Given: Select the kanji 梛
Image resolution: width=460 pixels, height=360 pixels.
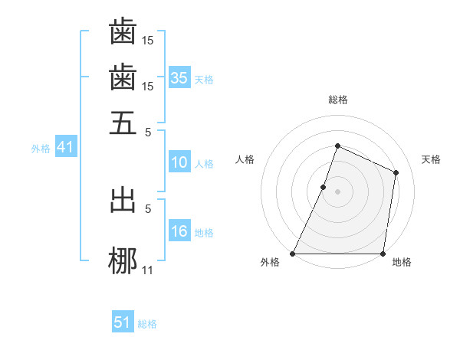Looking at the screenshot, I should (x=123, y=260).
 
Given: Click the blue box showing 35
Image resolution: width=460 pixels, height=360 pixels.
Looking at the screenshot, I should (x=179, y=78).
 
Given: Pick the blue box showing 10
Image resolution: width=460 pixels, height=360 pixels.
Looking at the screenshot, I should (x=179, y=162).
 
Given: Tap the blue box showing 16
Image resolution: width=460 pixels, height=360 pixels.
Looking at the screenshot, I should (x=179, y=231).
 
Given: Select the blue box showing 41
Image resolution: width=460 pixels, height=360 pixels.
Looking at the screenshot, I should (x=64, y=148).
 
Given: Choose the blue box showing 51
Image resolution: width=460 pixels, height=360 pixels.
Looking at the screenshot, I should (x=123, y=322).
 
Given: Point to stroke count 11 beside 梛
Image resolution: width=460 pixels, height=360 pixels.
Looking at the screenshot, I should (x=148, y=270).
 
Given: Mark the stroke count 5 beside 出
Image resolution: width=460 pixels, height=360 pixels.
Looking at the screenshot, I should (x=149, y=208).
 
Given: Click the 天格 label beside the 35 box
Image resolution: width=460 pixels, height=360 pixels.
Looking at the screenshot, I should (x=204, y=80).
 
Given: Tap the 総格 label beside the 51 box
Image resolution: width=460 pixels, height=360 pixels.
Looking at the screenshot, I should (x=147, y=324).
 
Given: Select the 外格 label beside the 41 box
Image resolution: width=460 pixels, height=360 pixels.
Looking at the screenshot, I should (x=40, y=149).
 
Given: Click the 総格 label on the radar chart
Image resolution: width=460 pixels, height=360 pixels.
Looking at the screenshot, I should (x=337, y=100).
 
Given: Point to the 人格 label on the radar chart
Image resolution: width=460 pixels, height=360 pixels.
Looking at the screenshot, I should (x=245, y=159).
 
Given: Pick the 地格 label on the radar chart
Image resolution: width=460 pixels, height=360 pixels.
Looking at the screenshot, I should (x=402, y=263).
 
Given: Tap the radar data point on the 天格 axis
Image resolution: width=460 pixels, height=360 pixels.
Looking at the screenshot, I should (x=396, y=172).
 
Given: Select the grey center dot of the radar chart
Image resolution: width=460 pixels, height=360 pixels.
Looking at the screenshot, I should (x=337, y=191).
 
